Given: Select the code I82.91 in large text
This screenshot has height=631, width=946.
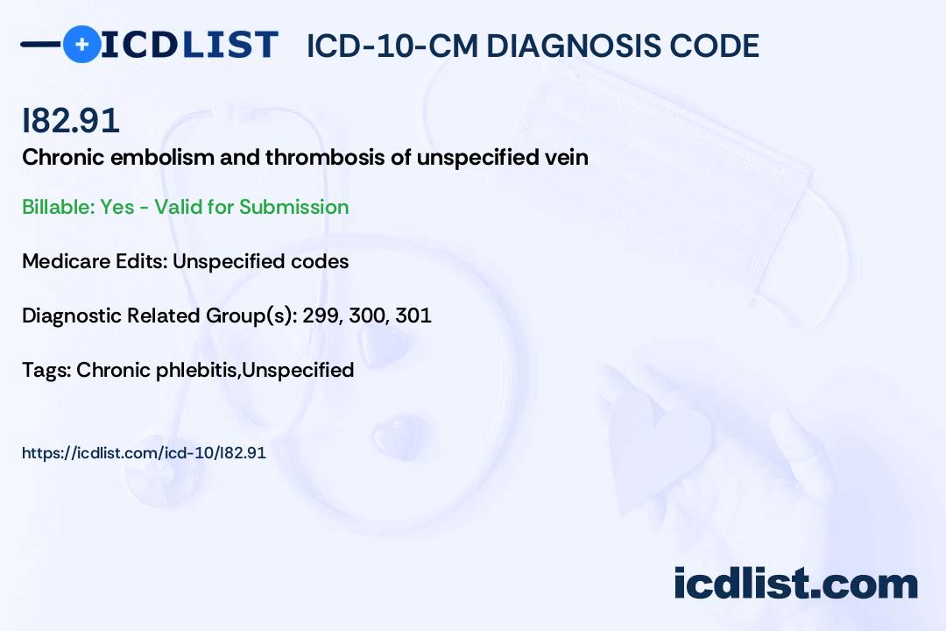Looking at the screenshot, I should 71,121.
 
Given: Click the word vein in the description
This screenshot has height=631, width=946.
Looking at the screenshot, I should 567,158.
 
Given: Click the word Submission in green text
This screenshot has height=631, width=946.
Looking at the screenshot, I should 293,207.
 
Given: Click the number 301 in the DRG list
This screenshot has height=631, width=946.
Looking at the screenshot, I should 413,315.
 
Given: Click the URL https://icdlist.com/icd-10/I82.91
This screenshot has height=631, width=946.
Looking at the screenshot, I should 144,453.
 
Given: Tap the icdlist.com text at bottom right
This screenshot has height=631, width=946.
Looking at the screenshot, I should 795,584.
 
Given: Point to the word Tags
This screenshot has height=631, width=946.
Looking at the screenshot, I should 46,370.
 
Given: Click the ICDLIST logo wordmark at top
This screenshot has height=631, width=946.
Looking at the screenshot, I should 190,44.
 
